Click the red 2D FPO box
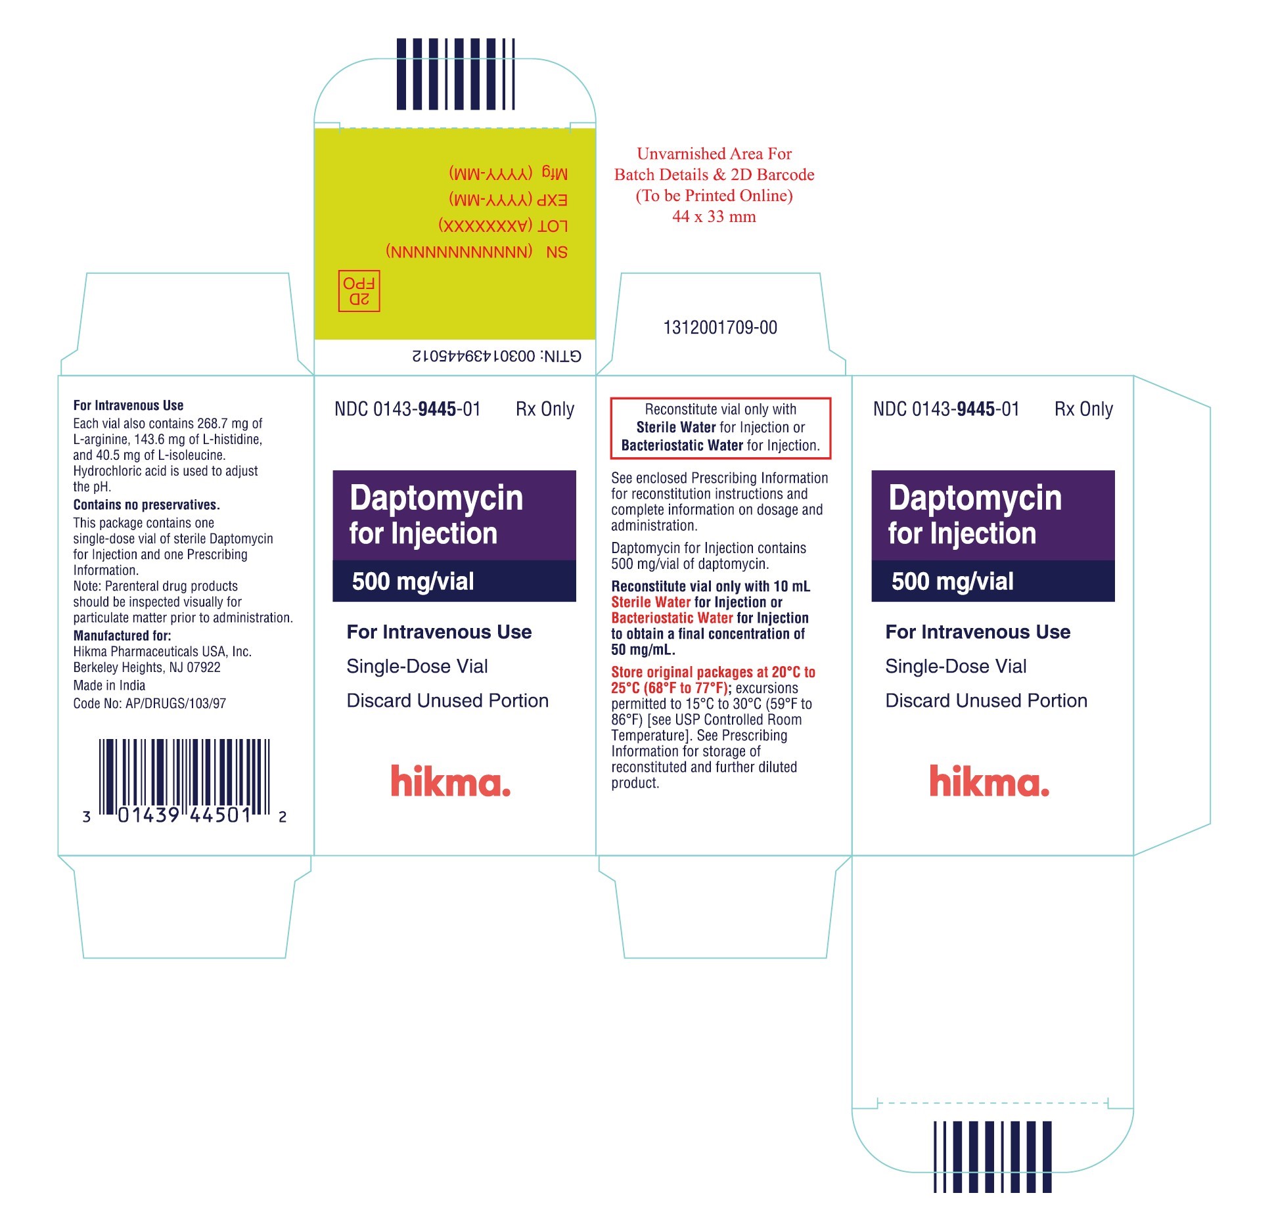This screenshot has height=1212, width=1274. coord(359,290)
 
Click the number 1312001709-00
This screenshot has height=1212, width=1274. coord(720,327)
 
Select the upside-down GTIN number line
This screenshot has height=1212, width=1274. coord(497,356)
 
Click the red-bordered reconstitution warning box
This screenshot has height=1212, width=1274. coord(721,428)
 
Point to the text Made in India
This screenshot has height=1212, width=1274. coord(109,685)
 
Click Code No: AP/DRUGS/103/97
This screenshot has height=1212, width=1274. coord(150,704)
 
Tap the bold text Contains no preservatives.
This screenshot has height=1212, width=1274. coord(147,505)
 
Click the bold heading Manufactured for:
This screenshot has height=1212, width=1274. coord(122,635)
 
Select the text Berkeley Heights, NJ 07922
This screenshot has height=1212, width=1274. coord(147,667)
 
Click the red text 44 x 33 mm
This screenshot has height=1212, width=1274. coord(714,216)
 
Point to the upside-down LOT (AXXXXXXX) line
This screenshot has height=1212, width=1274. coord(503,226)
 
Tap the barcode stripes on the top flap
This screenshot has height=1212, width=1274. coord(455,74)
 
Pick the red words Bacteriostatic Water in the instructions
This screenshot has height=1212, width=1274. coord(672,618)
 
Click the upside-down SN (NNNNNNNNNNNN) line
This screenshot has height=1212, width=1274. coord(477,252)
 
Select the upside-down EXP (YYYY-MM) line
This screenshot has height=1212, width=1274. coord(509,200)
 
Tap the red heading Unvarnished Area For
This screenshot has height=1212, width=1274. coord(714,154)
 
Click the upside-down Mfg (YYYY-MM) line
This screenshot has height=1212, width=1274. coord(509,173)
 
